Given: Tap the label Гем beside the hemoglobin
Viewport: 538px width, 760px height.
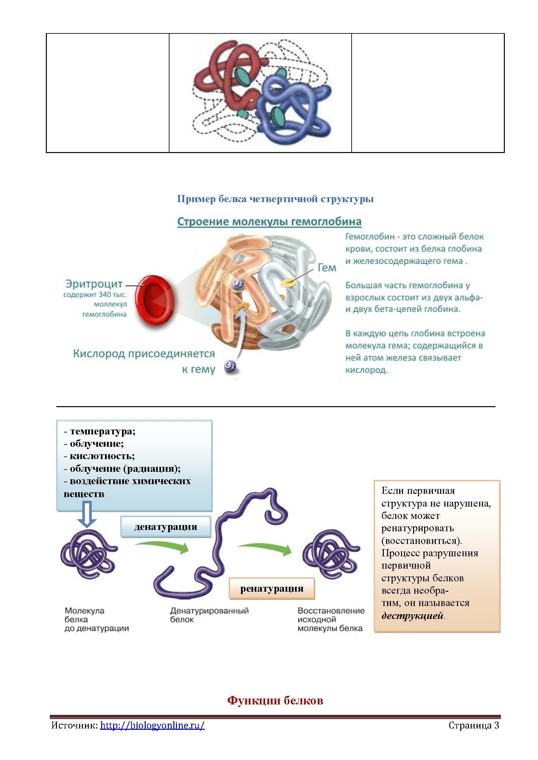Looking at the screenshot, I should click(327, 267).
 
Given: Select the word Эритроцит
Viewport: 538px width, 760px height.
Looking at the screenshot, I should click(94, 284).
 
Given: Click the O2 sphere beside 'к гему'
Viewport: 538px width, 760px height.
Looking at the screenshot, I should click(230, 366).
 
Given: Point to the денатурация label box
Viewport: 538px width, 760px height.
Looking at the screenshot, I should click(166, 526).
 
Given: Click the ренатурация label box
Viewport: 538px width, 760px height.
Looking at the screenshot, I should click(272, 588).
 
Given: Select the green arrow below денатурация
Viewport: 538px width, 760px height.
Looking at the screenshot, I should click(162, 547).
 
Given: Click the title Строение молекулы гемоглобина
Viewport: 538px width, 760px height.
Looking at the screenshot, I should click(269, 222).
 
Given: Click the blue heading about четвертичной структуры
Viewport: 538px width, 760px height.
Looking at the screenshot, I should click(275, 199).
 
